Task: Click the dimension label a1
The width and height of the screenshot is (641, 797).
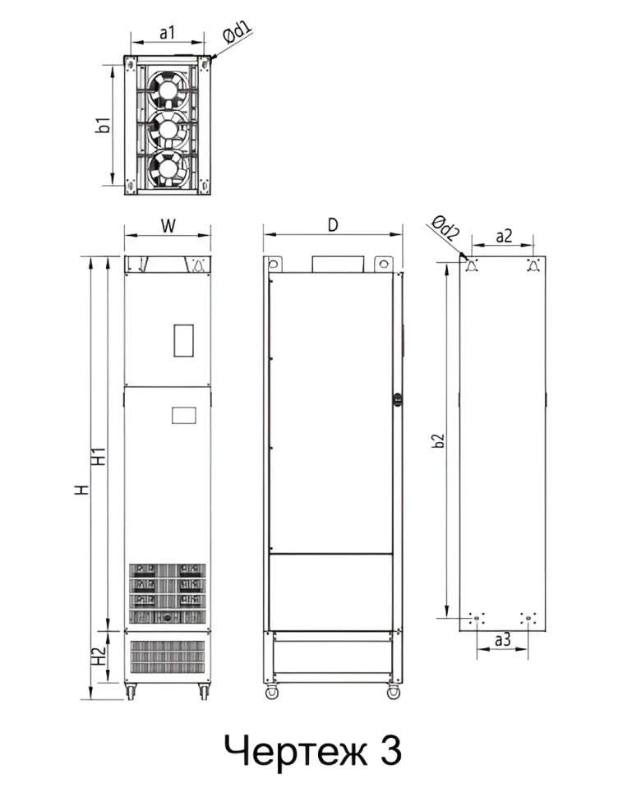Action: click(x=167, y=32)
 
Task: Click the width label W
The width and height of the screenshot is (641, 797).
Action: click(x=167, y=225)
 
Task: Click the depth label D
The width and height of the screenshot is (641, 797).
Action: click(x=332, y=224)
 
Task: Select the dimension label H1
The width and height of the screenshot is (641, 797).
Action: click(x=99, y=456)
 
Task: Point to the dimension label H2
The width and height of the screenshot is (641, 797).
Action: click(x=99, y=655)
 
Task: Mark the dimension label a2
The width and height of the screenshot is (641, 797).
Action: click(x=504, y=236)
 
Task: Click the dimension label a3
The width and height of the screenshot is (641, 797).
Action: click(x=503, y=638)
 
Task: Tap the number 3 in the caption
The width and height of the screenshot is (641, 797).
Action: click(x=390, y=750)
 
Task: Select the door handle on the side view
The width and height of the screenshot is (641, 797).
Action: click(x=399, y=400)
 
